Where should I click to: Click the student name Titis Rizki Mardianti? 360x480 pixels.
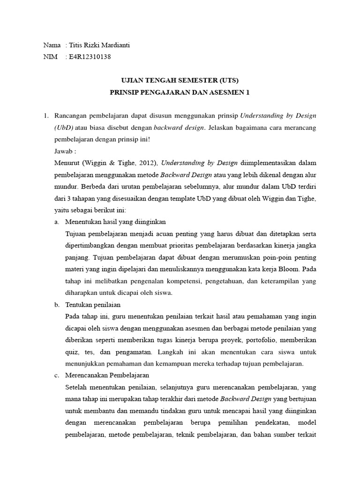100,45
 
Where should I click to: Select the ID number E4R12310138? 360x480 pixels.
90,57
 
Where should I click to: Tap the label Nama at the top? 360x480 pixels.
52,45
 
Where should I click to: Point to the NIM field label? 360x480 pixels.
50,57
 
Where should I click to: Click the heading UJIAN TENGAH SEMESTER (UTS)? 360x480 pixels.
180,80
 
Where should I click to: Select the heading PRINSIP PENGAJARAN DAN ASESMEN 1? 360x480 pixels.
180,92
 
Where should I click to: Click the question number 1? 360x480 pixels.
45,115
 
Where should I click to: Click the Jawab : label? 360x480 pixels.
65,151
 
